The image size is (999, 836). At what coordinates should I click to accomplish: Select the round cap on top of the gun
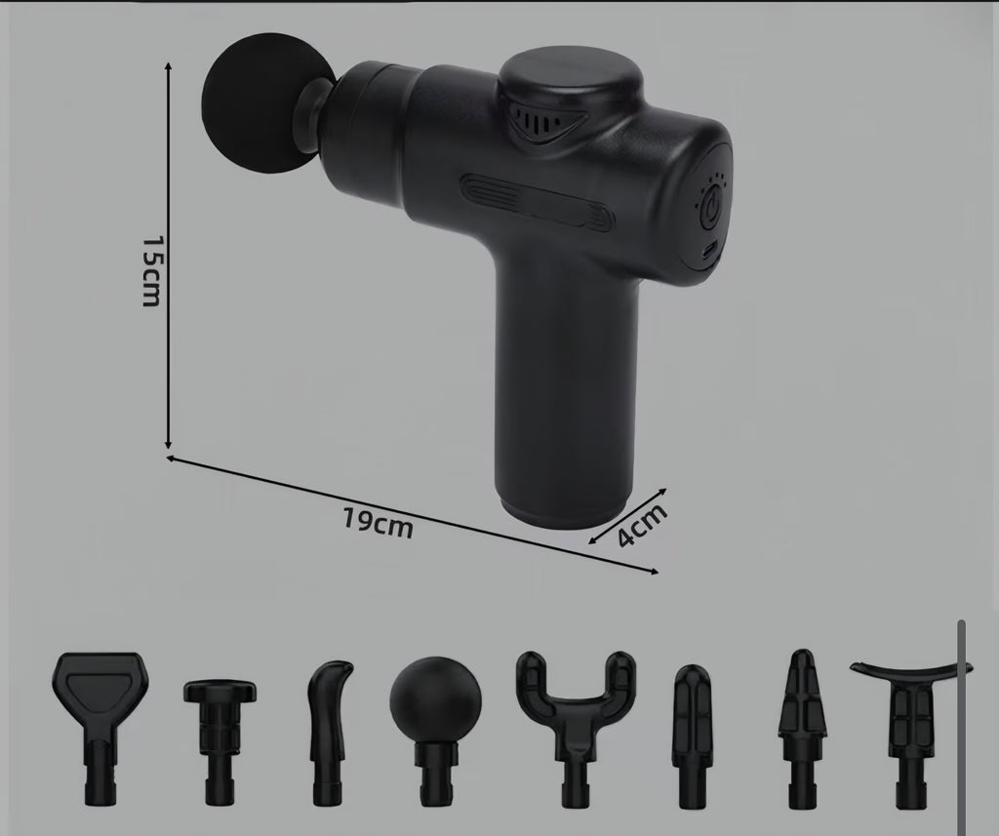pyautogui.click(x=571, y=79)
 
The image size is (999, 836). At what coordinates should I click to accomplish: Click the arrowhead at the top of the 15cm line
pyautogui.click(x=169, y=64)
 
